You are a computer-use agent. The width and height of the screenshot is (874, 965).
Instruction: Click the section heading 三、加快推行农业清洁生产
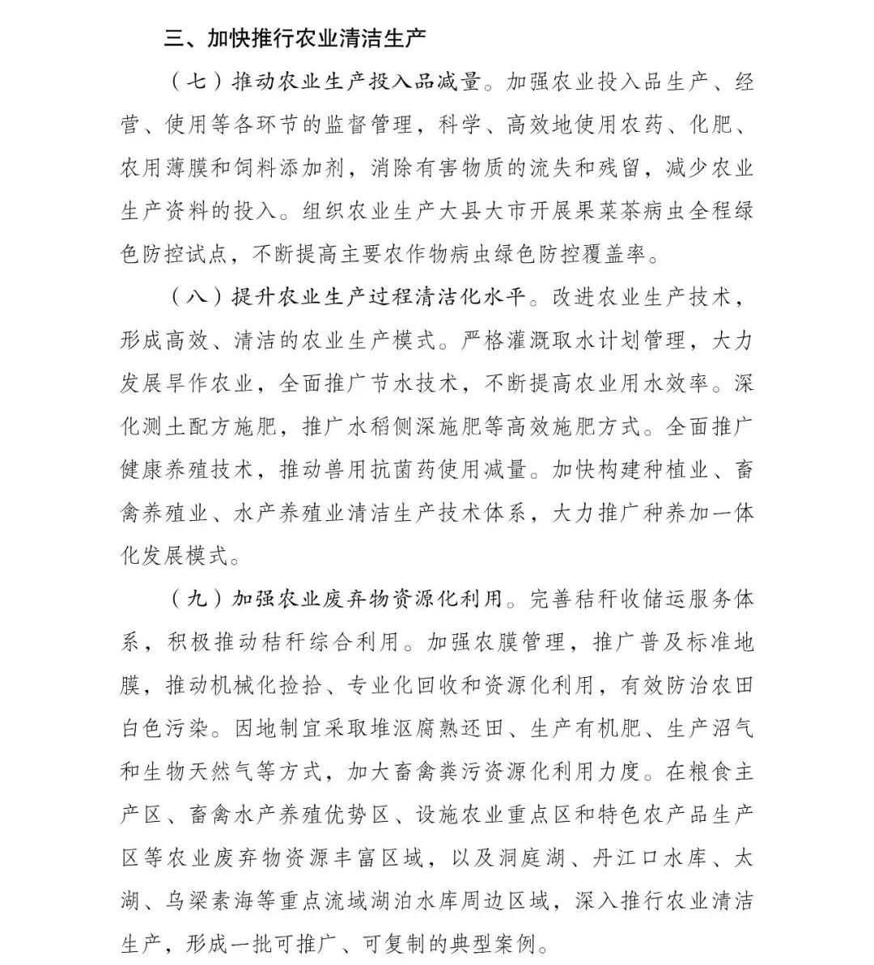tap(295, 38)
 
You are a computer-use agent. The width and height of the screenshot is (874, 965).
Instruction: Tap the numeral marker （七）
tap(197, 82)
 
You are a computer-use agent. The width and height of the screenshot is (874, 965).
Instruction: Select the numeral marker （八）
tap(197, 297)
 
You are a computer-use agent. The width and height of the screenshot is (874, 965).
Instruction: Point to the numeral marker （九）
tap(197, 599)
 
